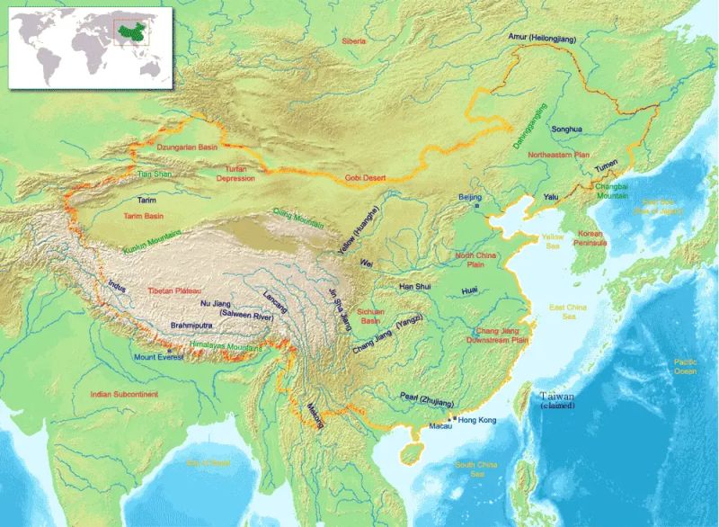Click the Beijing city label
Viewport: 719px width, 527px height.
point(471,197)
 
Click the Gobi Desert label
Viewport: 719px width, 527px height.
point(366,178)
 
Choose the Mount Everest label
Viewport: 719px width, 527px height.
point(158,357)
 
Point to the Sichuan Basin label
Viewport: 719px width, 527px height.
point(368,316)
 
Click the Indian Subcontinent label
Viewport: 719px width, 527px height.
point(124,394)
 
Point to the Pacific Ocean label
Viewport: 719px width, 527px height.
point(686,366)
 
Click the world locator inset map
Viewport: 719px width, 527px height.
point(91,47)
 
